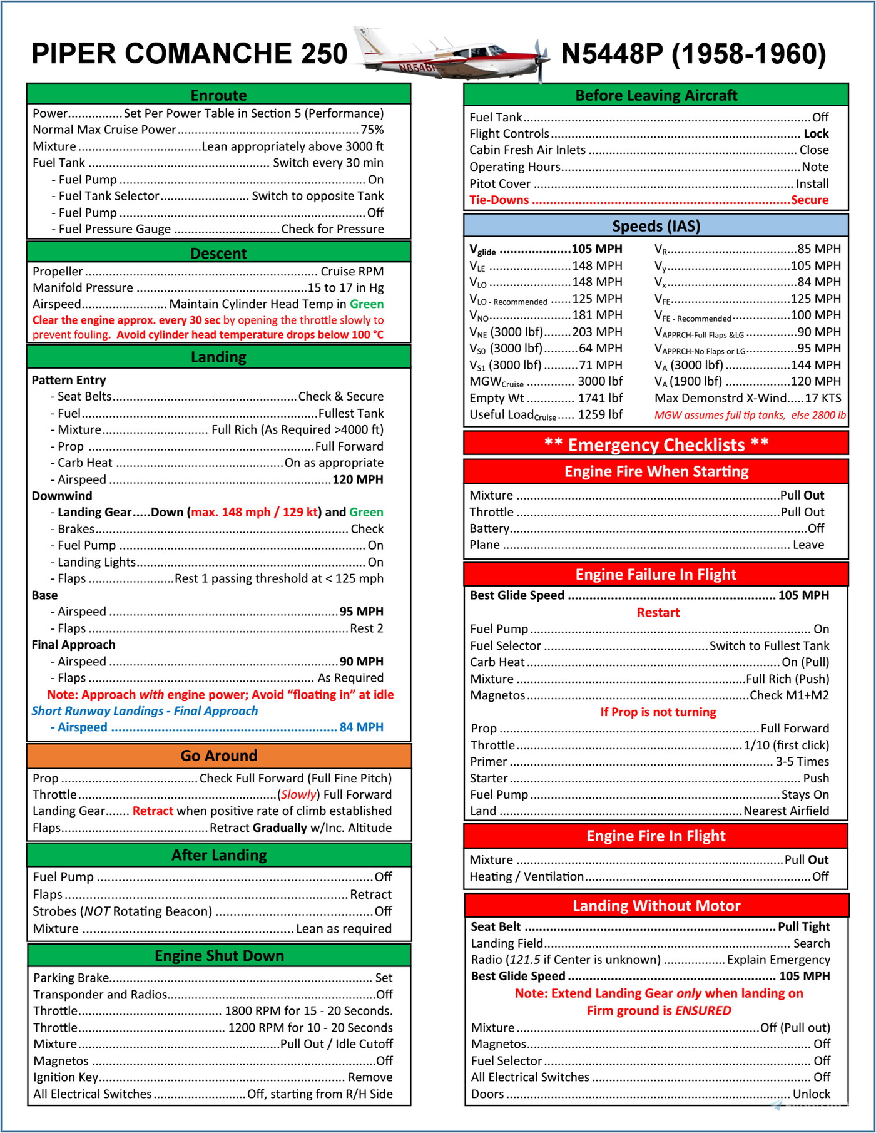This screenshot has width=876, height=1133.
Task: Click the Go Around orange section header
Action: pos(219,756)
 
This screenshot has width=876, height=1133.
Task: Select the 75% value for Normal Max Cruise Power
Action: pos(372,130)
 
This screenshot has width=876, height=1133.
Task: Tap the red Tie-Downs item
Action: pos(499,200)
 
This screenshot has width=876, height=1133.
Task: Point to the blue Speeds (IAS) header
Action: pos(656,226)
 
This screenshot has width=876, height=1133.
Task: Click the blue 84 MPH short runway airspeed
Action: pos(361,727)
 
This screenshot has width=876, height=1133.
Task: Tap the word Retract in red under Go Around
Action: pos(153,811)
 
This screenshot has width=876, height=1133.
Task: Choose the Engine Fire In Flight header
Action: pos(656,836)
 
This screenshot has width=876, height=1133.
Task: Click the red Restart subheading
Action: pos(658,613)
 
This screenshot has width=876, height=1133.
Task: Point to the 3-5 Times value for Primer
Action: pos(802,762)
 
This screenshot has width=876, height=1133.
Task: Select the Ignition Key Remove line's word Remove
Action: pos(370,1077)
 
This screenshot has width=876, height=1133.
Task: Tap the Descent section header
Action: pos(219,254)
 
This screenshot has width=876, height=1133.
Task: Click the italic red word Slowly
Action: pos(298,795)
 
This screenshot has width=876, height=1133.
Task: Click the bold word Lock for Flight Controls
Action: pos(816,134)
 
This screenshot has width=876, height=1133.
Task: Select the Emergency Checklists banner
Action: pos(656,444)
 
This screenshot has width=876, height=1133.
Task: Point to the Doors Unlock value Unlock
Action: pos(812,1094)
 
